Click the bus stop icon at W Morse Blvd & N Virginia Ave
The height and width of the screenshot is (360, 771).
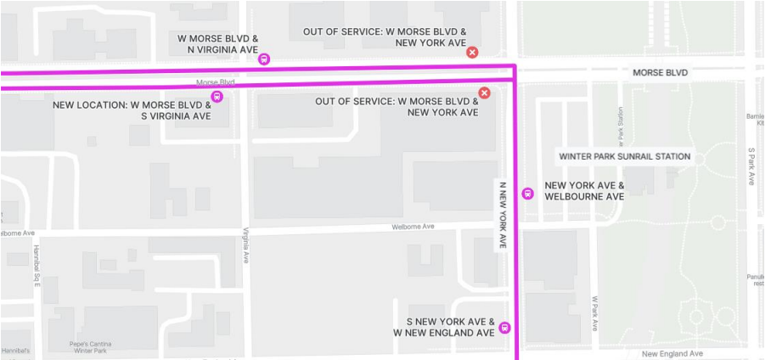(264, 59)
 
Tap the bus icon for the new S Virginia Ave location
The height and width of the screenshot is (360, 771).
(217, 96)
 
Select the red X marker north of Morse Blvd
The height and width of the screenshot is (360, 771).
(472, 53)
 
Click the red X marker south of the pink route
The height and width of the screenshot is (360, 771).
(484, 93)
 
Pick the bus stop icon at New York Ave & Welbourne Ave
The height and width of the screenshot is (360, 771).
(527, 192)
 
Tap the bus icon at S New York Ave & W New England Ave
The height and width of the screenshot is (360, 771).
(504, 328)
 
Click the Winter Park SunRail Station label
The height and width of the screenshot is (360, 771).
(624, 156)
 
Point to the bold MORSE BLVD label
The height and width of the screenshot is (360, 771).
(660, 73)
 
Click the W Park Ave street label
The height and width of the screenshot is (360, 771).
(596, 313)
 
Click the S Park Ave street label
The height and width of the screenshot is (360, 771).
(751, 167)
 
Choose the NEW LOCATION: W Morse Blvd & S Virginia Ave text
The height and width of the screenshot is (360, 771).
(132, 110)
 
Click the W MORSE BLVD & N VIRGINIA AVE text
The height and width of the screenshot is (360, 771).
(217, 44)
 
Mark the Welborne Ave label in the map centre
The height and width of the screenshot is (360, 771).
(413, 227)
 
